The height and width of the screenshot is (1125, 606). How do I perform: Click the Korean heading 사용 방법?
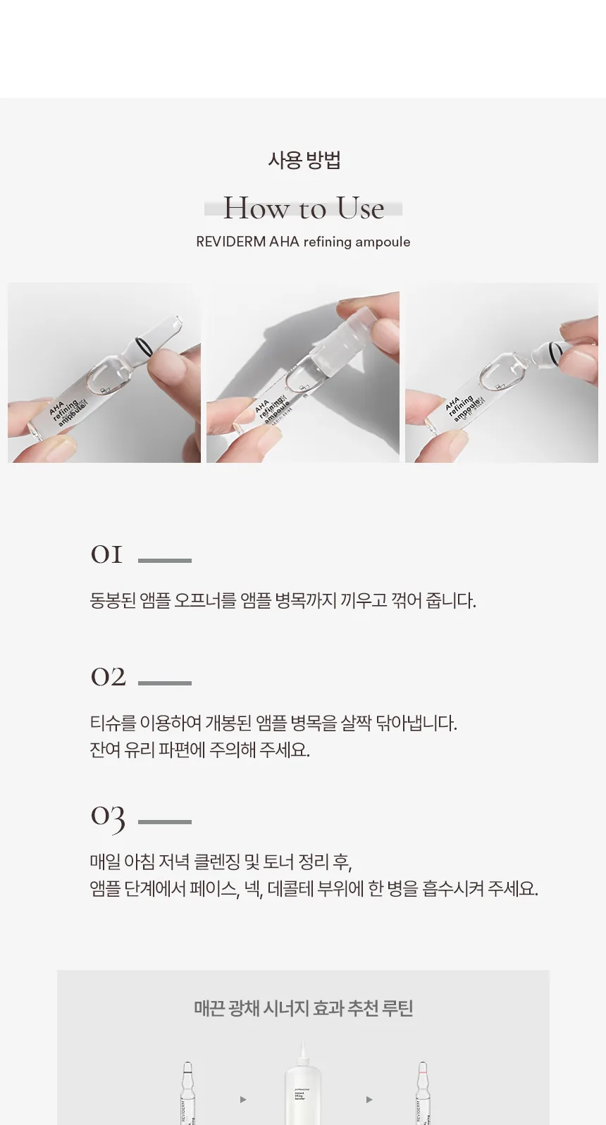304,161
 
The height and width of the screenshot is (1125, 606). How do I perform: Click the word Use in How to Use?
360,209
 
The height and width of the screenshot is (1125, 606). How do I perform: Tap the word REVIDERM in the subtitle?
230,242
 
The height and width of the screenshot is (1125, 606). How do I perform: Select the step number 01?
106,554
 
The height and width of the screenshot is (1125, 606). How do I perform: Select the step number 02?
108,677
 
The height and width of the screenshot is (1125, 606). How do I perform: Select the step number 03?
108,817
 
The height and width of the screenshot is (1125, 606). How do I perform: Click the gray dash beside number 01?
165,561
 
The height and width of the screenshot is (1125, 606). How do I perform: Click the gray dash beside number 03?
165,821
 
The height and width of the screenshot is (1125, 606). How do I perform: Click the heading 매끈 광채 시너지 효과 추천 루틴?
303,1008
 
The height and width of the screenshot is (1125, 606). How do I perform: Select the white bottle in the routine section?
303,1088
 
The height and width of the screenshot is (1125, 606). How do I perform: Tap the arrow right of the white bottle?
369,1099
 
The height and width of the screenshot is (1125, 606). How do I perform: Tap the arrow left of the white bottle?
243,1099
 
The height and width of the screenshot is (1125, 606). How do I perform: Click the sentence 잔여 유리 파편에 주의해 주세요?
199,750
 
